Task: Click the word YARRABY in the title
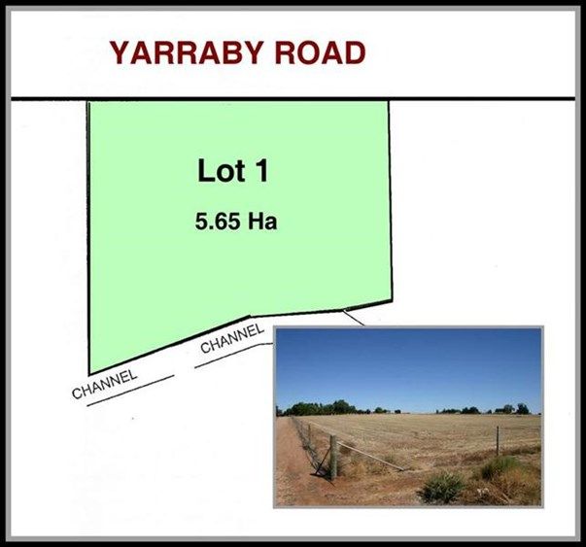(x=186, y=52)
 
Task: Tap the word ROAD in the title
(x=320, y=52)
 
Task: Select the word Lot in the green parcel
(x=222, y=171)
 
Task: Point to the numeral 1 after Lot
(x=262, y=171)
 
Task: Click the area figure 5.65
(x=218, y=222)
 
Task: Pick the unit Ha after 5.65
(x=262, y=222)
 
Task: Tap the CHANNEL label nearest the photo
(x=232, y=338)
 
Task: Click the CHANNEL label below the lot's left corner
(x=105, y=384)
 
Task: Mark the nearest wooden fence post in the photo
(x=333, y=458)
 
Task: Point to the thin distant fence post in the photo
(x=498, y=441)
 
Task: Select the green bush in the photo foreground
(x=442, y=487)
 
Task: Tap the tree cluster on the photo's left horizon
(x=322, y=408)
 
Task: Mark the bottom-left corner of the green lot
(x=89, y=374)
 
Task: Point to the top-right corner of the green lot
(x=389, y=101)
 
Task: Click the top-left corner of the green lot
(x=87, y=101)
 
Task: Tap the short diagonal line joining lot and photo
(x=353, y=318)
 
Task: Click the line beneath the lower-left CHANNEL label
(x=130, y=391)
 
